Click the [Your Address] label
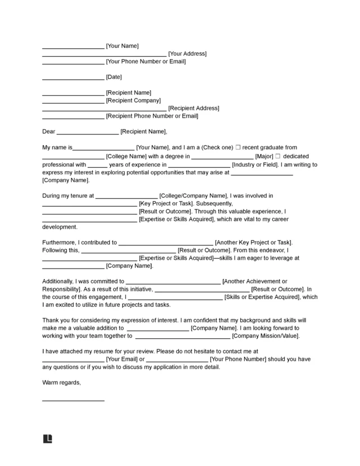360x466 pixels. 187,54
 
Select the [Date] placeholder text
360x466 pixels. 114,77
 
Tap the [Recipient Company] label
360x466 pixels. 130,101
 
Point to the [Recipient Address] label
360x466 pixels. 193,108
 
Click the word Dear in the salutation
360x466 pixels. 49,132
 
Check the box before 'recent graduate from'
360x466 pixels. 238,147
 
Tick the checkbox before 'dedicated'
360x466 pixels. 278,156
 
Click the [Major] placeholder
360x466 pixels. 265,156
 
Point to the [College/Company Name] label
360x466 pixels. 192,196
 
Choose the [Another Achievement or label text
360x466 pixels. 255,281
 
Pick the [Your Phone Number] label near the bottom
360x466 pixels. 237,359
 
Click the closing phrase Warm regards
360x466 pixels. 61,383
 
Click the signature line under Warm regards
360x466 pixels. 73,401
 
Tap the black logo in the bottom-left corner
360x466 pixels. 47,440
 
